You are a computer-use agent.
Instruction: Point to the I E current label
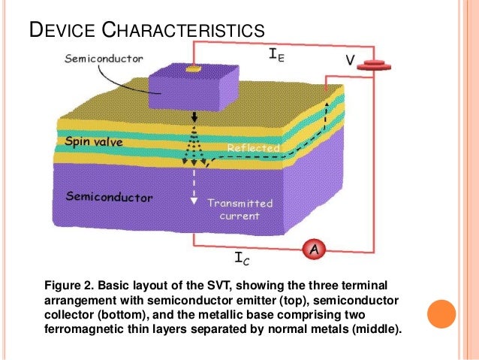pos(276,54)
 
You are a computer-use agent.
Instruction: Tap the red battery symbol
pos(372,65)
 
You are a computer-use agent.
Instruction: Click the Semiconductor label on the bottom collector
pos(109,198)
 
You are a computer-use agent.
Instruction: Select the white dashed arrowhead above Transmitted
pos(194,200)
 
